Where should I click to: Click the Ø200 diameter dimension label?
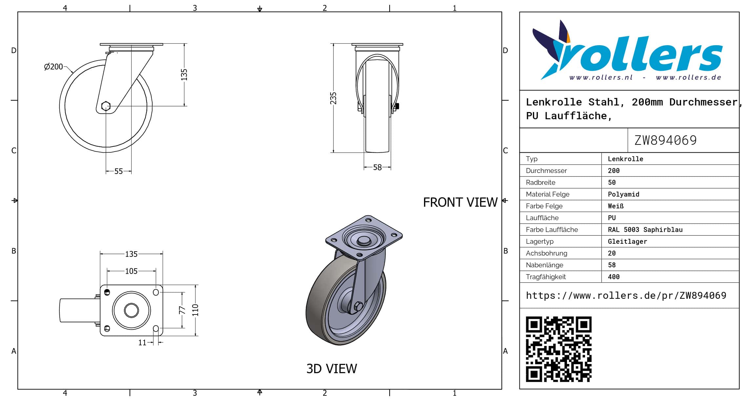point(53,67)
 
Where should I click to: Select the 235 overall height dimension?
point(333,98)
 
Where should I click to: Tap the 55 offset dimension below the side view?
point(118,171)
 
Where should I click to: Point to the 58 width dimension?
point(377,167)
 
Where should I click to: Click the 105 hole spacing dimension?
point(131,271)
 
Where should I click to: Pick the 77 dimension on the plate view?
point(182,310)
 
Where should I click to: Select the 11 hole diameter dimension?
point(142,343)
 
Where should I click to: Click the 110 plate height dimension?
point(195,310)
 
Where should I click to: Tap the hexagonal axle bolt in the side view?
point(106,106)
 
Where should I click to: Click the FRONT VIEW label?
point(460,202)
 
